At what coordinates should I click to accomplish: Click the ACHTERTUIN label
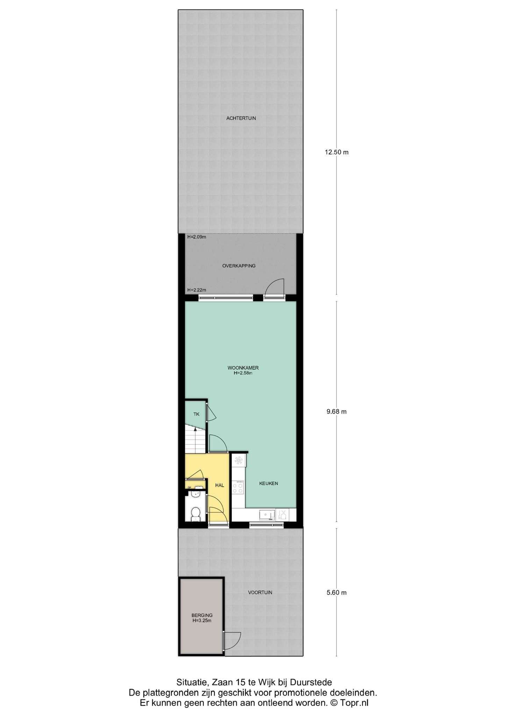(241, 118)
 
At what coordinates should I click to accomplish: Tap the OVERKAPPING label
(239, 266)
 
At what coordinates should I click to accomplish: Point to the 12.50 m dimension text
(336, 152)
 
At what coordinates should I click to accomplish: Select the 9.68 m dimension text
(336, 412)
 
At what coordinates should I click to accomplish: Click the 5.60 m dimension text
(336, 593)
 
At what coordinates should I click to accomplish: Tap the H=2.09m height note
(197, 237)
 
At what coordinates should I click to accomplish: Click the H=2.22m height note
(197, 290)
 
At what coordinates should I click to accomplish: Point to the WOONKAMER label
(243, 368)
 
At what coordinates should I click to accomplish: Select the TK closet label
(196, 414)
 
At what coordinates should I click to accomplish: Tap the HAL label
(220, 485)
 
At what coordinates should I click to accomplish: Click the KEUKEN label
(269, 483)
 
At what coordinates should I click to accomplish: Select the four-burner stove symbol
(238, 487)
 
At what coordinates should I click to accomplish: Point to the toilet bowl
(195, 514)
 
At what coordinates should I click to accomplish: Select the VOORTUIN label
(260, 593)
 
